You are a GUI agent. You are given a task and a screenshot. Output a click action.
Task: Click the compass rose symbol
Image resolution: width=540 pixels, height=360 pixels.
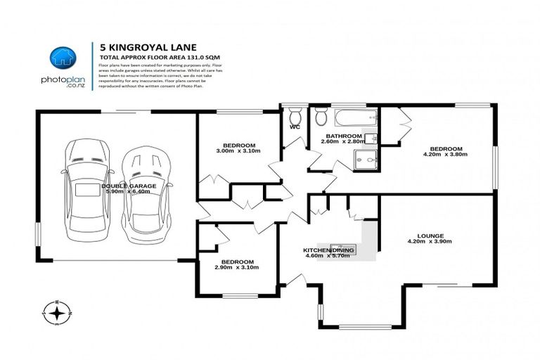point(57,311)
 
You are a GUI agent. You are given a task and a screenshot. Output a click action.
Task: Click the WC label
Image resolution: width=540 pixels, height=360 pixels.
point(295,128)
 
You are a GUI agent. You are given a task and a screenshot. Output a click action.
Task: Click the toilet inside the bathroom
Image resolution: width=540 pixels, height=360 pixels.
point(321,116)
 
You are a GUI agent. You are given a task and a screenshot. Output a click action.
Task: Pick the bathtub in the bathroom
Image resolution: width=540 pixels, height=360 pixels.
point(355,117)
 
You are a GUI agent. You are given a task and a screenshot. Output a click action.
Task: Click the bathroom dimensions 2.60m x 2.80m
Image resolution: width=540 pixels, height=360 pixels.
point(340,142)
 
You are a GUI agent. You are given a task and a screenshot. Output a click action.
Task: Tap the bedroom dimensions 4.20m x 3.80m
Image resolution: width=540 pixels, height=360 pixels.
point(446,155)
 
